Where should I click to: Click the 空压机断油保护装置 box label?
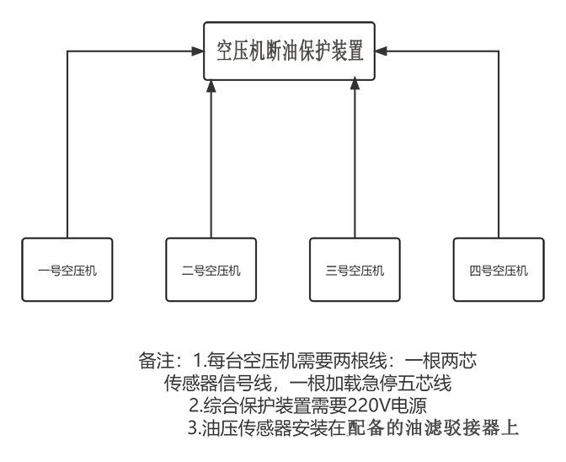tap(290, 51)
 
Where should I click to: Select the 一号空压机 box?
tap(67, 270)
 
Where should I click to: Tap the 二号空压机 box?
tap(211, 270)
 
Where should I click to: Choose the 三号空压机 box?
tap(355, 270)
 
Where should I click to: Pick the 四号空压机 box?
tap(499, 270)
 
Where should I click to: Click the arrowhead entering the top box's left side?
tap(198, 51)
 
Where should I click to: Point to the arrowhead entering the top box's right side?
tap(382, 51)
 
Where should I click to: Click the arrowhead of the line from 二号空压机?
tap(211, 86)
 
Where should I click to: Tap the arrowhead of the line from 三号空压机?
tap(355, 83)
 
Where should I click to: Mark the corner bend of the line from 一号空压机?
tap(67, 51)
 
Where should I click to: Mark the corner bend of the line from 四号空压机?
tap(499, 51)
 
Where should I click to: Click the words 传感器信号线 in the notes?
tap(217, 384)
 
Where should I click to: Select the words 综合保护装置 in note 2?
tap(257, 406)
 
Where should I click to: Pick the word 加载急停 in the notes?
tap(361, 384)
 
